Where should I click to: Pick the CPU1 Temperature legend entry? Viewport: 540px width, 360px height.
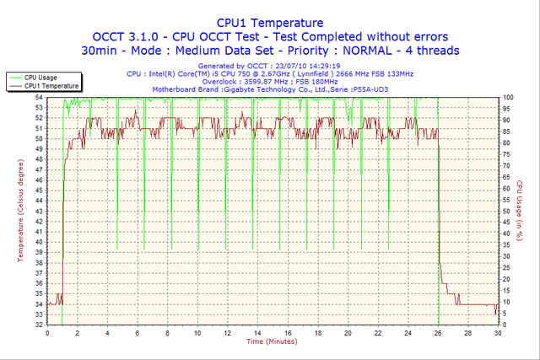click(51, 85)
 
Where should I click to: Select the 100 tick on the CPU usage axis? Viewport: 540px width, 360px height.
click(508, 98)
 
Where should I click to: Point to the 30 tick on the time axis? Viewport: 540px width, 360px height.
click(497, 333)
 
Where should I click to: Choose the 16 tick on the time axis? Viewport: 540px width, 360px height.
click(287, 333)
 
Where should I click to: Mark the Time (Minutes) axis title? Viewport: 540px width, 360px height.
click(271, 341)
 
